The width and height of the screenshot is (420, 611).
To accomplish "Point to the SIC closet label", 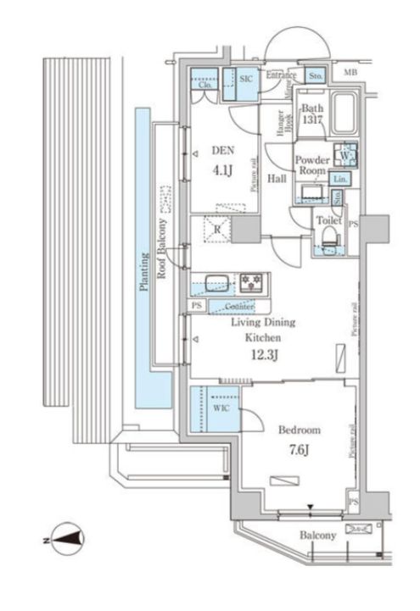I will tap(245, 78).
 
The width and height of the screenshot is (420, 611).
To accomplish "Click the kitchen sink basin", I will tap(213, 281).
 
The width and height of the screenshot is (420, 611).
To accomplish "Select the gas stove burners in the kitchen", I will tap(252, 281).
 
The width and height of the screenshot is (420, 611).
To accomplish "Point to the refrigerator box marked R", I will tap(217, 229).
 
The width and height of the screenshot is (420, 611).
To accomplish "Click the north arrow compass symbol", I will tap(64, 536).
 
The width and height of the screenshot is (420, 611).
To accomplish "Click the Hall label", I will tap(277, 179).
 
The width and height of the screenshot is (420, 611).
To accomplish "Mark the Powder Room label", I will tap(311, 164).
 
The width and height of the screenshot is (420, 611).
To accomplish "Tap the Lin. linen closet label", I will tap(339, 179).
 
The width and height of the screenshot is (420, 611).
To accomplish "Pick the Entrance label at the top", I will tap(281, 75).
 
